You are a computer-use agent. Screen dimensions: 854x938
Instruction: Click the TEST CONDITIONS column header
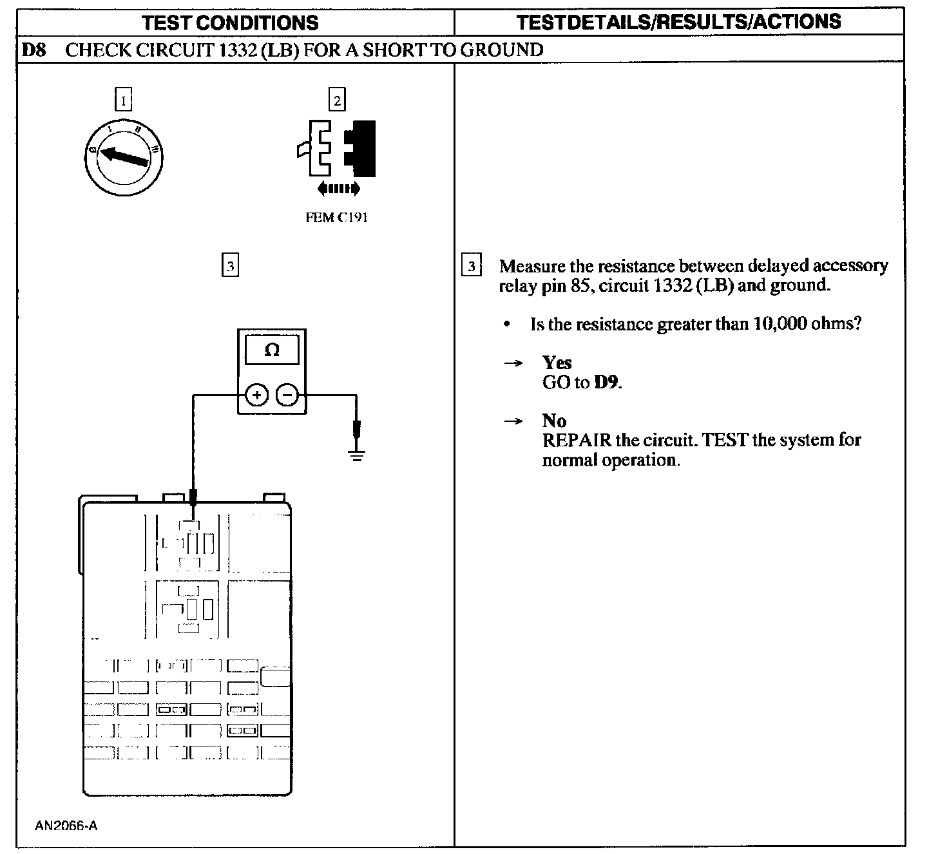tap(230, 23)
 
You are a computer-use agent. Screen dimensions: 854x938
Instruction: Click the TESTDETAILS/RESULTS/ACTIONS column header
tap(678, 22)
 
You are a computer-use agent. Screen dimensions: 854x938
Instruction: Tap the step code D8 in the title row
tap(34, 50)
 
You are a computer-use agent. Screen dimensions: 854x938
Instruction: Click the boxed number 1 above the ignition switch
tap(123, 100)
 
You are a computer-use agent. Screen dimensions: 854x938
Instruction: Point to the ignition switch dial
tap(124, 157)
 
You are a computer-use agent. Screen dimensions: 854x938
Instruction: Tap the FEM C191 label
tap(336, 218)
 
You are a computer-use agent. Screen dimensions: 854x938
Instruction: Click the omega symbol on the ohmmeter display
tap(272, 350)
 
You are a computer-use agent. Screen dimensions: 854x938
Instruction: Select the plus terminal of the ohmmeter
tap(256, 395)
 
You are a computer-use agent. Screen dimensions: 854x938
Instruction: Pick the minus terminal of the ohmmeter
tap(287, 395)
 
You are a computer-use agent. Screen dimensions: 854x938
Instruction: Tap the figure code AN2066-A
tap(66, 826)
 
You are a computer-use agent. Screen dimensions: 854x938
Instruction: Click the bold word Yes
tap(557, 363)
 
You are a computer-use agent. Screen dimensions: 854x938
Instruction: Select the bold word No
tap(554, 421)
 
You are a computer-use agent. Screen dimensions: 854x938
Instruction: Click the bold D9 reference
tap(606, 383)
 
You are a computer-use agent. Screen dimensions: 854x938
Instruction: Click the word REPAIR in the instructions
tap(577, 441)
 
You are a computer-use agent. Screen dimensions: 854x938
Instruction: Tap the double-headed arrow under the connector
tap(339, 189)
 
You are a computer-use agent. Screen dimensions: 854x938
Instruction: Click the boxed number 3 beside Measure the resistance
tap(472, 266)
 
